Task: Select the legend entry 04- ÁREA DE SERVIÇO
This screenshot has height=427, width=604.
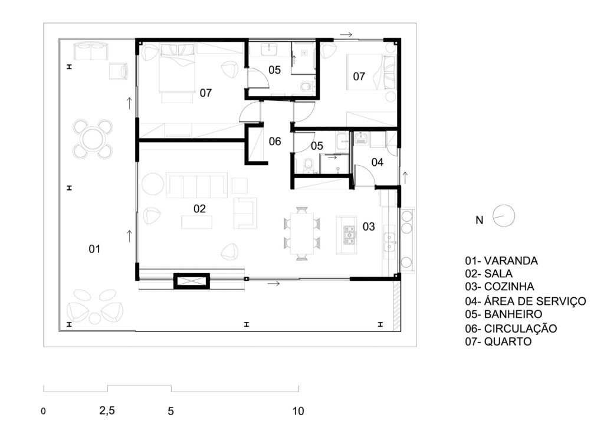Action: coord(526,301)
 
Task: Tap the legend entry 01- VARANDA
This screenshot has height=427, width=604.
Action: coord(501,261)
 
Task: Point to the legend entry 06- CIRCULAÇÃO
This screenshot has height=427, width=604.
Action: coord(511,329)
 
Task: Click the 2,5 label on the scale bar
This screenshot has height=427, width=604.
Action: coord(107,411)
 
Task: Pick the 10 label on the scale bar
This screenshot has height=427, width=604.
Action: coord(298,411)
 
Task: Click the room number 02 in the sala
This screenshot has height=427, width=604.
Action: coord(199,209)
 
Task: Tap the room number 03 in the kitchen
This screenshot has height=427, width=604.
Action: coord(369,226)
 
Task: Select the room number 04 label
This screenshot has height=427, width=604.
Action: coord(377,162)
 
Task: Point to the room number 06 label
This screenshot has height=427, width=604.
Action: coord(275,142)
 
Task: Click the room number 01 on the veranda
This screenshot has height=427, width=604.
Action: coord(94,249)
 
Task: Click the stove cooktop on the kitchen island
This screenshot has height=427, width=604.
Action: coord(349,235)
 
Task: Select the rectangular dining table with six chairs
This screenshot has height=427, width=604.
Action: coord(302,234)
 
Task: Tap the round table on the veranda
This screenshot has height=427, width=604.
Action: coord(93,139)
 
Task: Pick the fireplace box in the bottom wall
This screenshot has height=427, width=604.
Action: coord(192,281)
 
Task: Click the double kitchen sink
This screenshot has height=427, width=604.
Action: coord(389,241)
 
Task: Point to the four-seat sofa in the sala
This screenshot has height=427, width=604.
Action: coord(196,185)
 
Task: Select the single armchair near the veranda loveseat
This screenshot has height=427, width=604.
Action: coord(118,71)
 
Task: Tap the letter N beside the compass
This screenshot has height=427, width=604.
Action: coord(479,220)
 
